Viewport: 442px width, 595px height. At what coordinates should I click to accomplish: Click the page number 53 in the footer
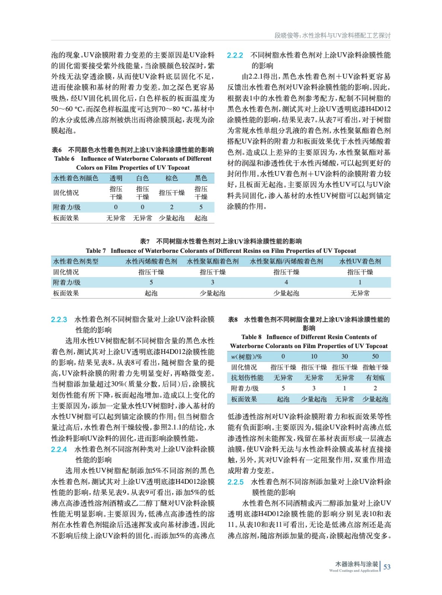[387, 567]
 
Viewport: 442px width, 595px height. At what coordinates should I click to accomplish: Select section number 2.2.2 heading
[235, 55]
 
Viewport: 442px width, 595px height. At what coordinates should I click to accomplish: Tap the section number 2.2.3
[59, 319]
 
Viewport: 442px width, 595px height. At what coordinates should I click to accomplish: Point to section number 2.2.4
[59, 449]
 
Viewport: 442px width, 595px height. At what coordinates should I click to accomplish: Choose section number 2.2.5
[235, 482]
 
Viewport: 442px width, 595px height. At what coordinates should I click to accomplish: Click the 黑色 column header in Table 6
[201, 178]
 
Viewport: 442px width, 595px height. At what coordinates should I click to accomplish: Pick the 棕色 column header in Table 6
[172, 178]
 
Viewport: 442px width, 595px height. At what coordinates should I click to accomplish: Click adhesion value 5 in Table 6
[201, 207]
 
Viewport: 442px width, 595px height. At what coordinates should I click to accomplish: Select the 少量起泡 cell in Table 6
[172, 218]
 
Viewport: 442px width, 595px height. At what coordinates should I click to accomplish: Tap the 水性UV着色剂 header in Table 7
[360, 261]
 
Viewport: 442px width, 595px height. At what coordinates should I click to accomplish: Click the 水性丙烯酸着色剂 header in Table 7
[151, 261]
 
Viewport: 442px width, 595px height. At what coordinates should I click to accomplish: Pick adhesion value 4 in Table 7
[286, 282]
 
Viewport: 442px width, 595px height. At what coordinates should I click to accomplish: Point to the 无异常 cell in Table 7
[360, 293]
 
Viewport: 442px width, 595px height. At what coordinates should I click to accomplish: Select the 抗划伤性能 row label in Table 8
[247, 377]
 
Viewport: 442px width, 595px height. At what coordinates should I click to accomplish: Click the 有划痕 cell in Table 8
[375, 377]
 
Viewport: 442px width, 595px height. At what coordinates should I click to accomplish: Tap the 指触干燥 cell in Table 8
[375, 367]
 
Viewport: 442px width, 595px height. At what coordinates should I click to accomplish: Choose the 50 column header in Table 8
[375, 356]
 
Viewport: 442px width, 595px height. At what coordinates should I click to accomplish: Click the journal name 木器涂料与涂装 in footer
[356, 564]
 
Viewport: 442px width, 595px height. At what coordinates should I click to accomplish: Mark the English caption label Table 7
[96, 251]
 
